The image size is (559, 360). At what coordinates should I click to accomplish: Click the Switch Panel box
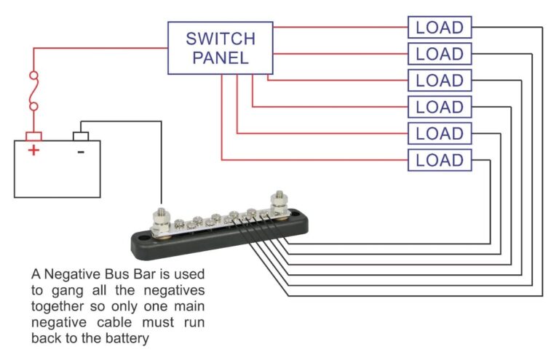tap(221, 47)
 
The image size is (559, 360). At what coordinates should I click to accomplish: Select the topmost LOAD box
tap(439, 28)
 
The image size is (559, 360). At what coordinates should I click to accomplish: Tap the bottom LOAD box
tap(439, 160)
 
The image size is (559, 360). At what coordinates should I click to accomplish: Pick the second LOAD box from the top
tap(439, 54)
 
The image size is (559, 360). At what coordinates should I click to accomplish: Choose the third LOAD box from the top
tap(439, 80)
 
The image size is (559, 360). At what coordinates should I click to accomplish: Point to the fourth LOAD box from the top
tap(439, 107)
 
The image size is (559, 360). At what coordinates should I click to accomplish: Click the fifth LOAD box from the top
tap(439, 134)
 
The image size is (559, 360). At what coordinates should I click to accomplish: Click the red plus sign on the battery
tap(33, 151)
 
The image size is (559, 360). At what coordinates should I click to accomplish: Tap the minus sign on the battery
tap(80, 151)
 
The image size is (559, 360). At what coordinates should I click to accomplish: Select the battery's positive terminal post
tap(33, 136)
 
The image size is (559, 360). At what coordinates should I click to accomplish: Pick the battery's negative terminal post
tap(81, 136)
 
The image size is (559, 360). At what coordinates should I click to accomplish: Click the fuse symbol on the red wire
tap(33, 92)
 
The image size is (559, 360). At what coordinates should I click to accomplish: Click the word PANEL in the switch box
tap(221, 58)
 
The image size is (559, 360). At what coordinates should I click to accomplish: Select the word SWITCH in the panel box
tap(221, 38)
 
